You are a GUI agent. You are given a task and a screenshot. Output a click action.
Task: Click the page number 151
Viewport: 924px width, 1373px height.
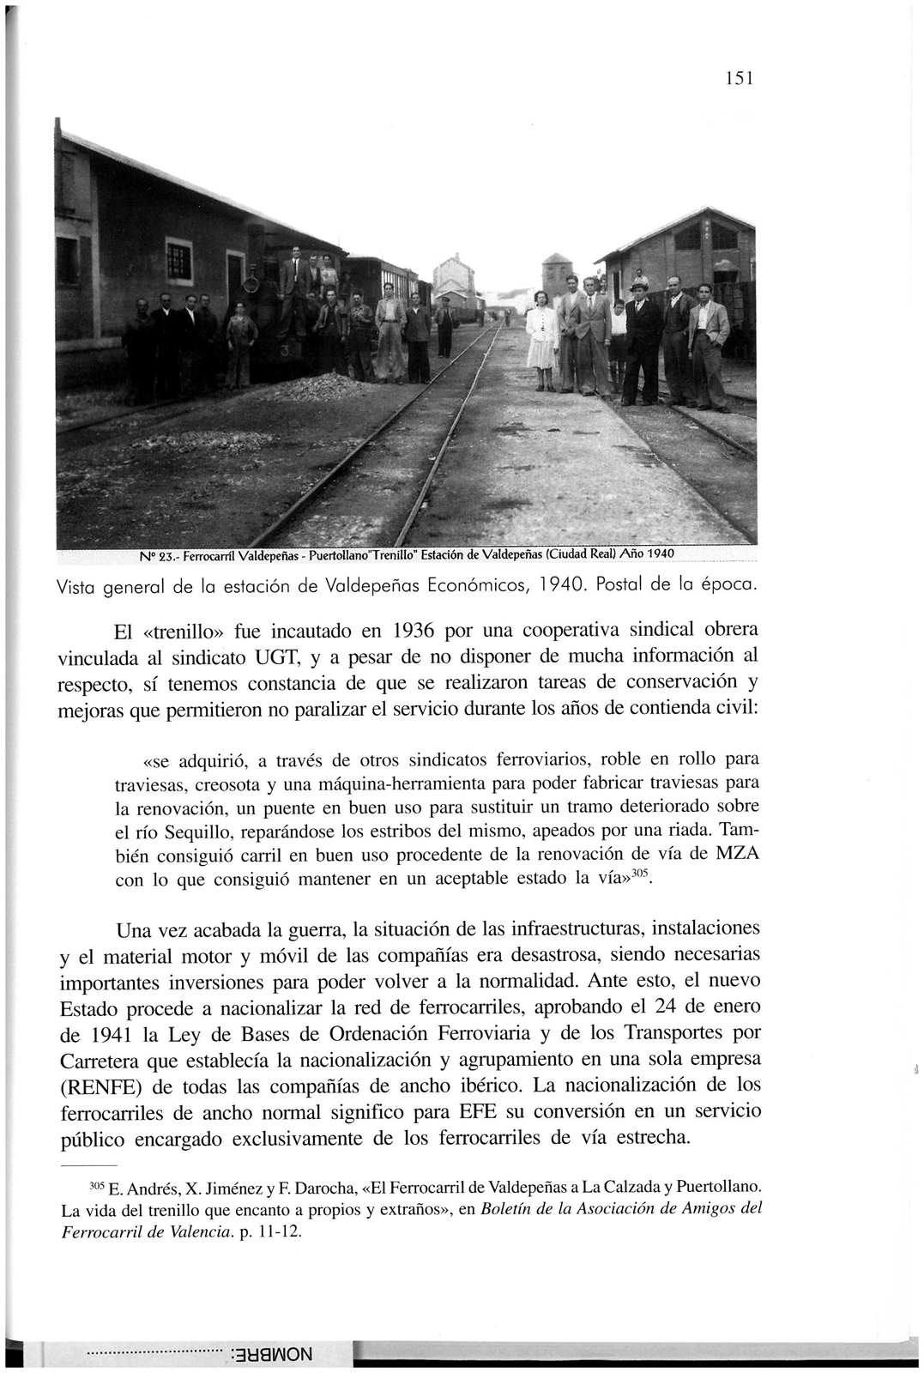738,78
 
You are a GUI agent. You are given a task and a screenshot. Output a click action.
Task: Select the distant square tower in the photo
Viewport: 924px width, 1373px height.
557,275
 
